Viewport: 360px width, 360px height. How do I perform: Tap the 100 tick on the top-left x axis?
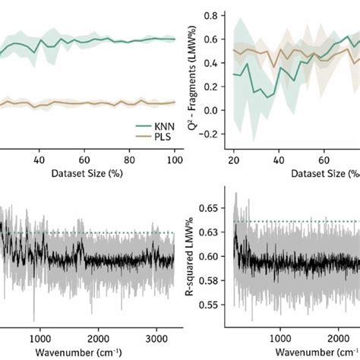(175, 160)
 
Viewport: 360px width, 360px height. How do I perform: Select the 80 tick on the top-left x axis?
(130, 160)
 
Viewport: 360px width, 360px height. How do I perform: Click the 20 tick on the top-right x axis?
(235, 160)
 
